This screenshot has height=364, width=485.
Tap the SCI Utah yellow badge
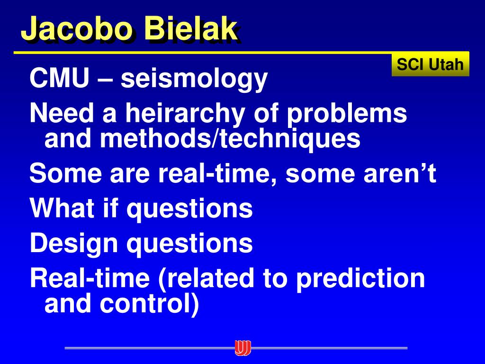(x=430, y=64)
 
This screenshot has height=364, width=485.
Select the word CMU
(x=59, y=78)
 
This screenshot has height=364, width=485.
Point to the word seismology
(x=194, y=80)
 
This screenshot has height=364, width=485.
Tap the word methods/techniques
(x=230, y=138)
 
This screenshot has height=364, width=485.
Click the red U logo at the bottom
(x=242, y=348)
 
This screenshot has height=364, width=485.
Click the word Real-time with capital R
(x=90, y=278)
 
